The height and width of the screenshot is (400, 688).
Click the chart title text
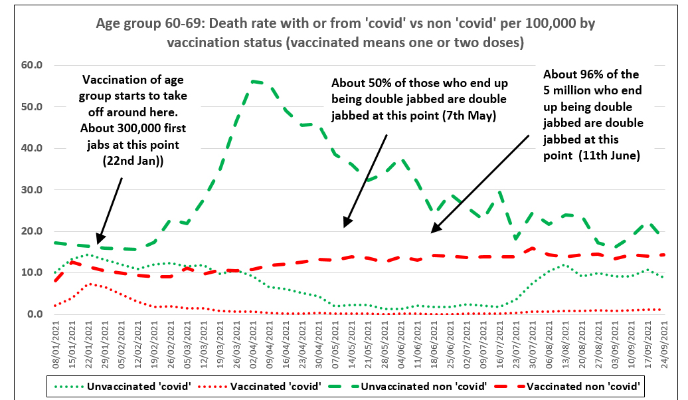pos(345,33)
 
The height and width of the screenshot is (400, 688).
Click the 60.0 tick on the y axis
pos(31,65)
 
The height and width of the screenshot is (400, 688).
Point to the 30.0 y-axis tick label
pos(31,190)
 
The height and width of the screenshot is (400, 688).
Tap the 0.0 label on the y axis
pos(34,314)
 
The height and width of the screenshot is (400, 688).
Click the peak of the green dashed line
pos(254,81)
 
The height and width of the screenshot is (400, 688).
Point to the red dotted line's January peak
pos(90,284)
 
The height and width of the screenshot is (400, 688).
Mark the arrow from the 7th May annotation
pos(365,179)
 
